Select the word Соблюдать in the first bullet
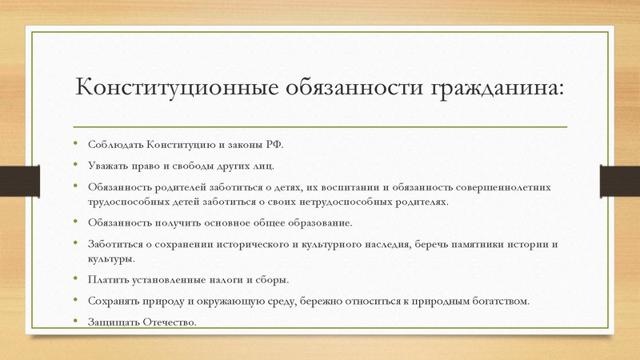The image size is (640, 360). point(114,145)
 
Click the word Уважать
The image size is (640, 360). point(108,166)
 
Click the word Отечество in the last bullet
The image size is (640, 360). point(168,322)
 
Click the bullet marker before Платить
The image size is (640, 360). point(77,279)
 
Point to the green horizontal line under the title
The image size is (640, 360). point(320,126)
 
